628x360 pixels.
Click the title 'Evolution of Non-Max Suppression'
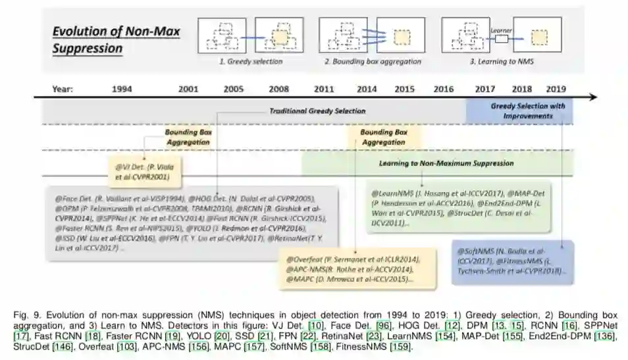[116, 39]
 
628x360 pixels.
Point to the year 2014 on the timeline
[367, 88]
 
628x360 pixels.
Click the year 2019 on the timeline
[557, 88]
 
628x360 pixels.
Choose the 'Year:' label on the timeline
[63, 88]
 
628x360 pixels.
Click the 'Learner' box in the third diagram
[501, 39]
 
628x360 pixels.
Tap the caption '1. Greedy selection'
[250, 61]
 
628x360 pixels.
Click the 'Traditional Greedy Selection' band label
[317, 111]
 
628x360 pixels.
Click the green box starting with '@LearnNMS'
[459, 209]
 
